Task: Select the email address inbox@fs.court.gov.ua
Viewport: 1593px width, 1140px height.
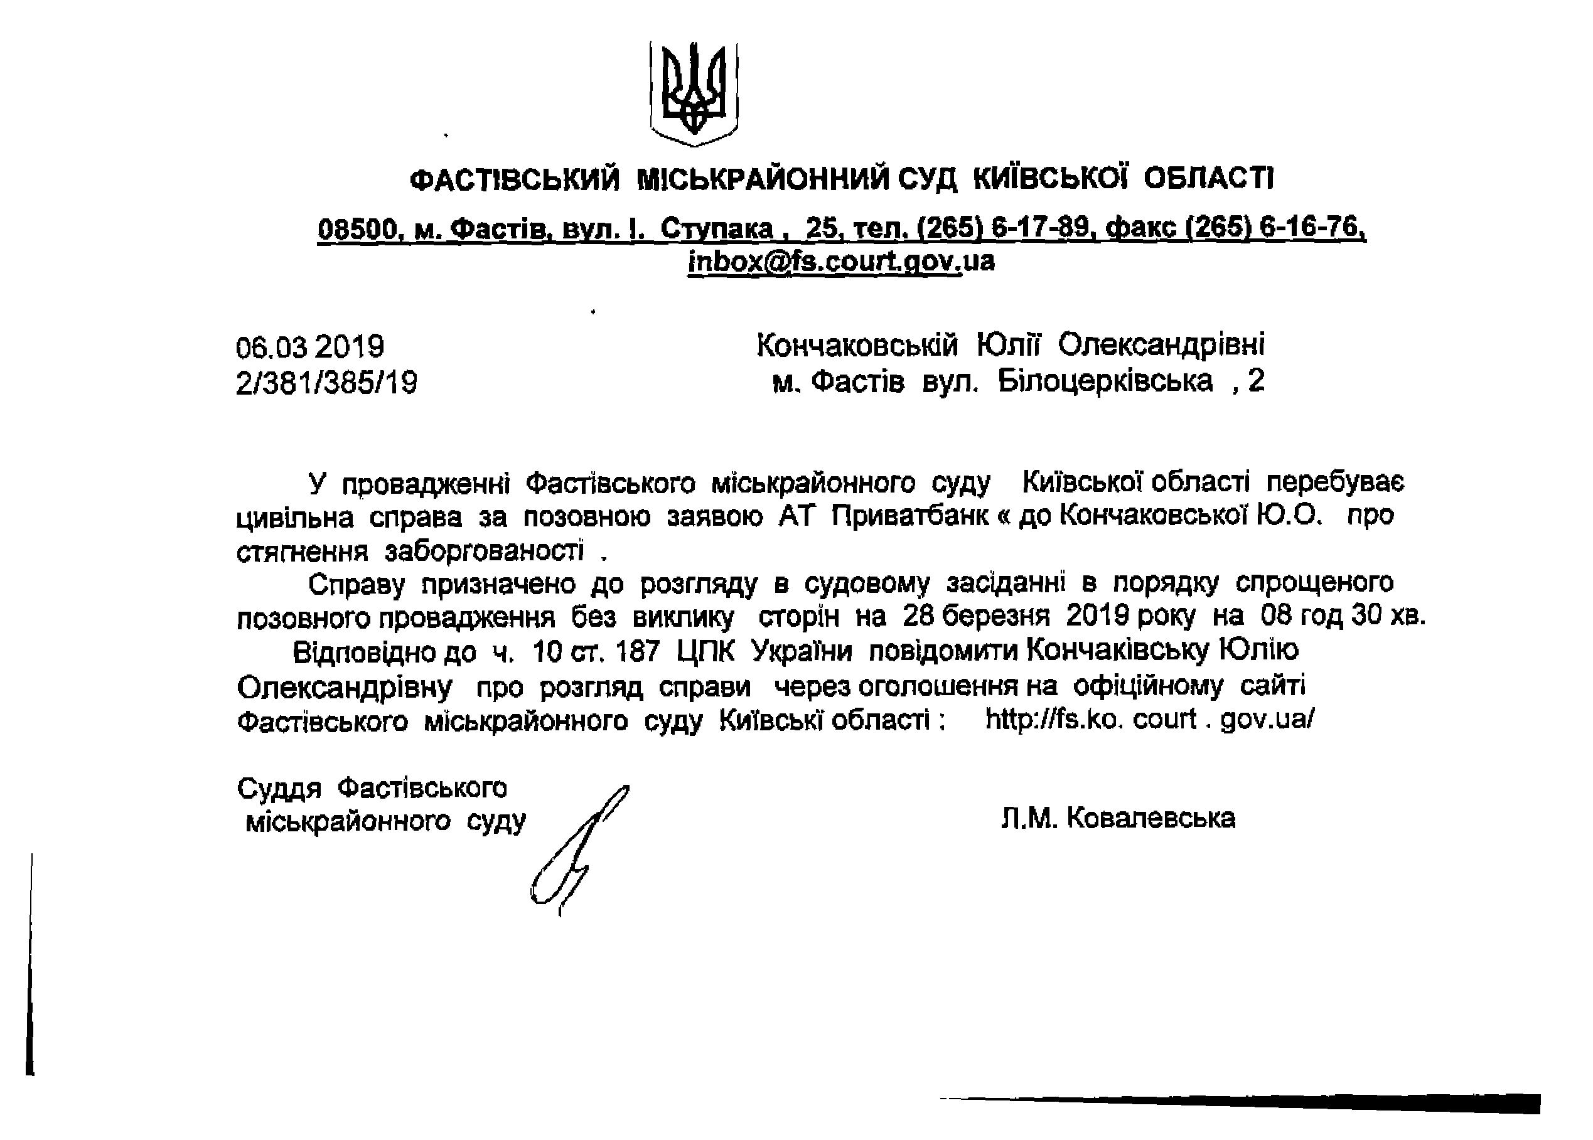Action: [x=840, y=261]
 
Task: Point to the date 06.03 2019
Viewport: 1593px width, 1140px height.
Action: [x=309, y=347]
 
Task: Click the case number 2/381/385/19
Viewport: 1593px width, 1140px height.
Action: [x=326, y=383]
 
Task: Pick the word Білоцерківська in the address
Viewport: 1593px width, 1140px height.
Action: [x=1104, y=381]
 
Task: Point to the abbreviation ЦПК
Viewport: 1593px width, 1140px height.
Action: [x=705, y=652]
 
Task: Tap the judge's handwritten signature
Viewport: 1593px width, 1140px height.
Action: [x=579, y=850]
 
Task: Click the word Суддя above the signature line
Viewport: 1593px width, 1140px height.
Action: [x=279, y=788]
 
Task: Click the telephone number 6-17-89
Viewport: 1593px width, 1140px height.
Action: [x=1041, y=228]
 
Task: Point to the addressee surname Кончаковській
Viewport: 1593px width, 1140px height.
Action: [x=857, y=345]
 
